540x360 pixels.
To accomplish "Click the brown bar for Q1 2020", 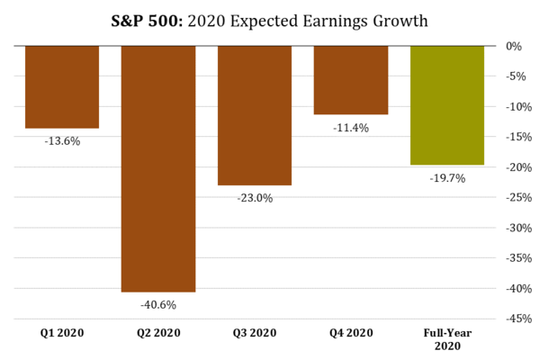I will point(62,86).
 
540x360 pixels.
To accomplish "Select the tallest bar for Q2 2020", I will point(158,168).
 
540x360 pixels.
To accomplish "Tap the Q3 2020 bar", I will point(255,115).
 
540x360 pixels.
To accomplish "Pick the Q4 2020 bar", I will point(351,80).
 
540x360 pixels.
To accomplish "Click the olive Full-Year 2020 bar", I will point(447,105).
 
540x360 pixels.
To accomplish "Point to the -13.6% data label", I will point(62,141).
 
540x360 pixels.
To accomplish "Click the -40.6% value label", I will point(158,305).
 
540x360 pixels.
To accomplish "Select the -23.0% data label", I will point(255,198).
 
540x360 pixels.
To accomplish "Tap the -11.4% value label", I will point(351,128).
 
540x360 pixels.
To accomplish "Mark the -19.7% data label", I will point(447,178).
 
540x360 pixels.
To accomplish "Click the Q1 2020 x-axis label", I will point(62,333).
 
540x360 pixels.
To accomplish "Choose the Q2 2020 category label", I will point(158,333).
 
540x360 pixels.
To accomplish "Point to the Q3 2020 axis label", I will point(255,333).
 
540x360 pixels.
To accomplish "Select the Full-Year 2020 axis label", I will point(447,339).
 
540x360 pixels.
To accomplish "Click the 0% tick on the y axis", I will point(514,46).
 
